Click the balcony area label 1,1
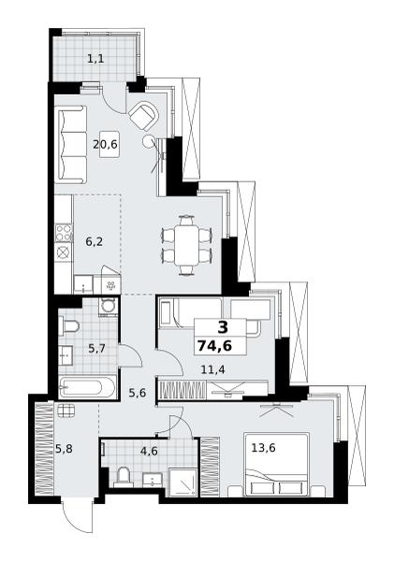(95, 58)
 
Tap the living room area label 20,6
(106, 145)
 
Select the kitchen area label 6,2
(94, 242)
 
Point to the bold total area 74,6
(214, 346)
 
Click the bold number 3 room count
(223, 327)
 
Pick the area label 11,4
(212, 369)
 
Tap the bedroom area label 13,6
(263, 447)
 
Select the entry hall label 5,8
(65, 448)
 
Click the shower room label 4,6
(149, 451)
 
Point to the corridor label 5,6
(138, 393)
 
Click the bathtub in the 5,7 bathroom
(88, 387)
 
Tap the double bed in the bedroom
(276, 465)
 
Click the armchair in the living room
(144, 116)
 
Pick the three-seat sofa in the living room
(71, 145)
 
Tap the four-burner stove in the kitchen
(64, 233)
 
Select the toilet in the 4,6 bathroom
(124, 477)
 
